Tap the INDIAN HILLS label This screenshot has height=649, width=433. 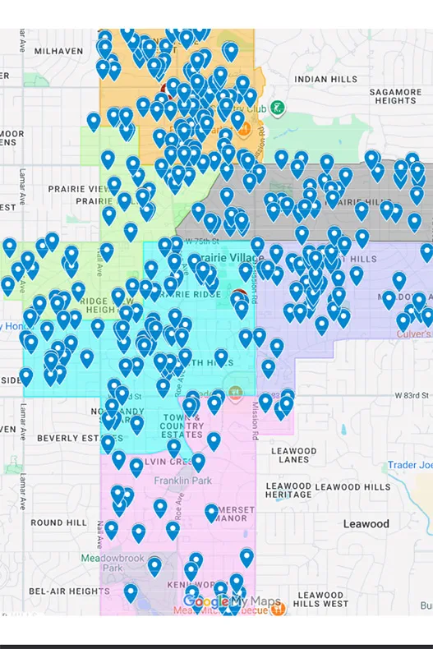pyautogui.click(x=327, y=79)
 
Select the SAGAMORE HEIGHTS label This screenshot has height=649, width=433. pyautogui.click(x=395, y=96)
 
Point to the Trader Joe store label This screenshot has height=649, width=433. pyautogui.click(x=410, y=465)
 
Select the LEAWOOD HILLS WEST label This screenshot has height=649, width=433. pyautogui.click(x=321, y=600)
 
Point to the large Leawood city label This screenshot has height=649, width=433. pyautogui.click(x=366, y=523)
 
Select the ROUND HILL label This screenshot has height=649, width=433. pyautogui.click(x=58, y=522)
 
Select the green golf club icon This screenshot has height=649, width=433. pyautogui.click(x=278, y=108)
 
